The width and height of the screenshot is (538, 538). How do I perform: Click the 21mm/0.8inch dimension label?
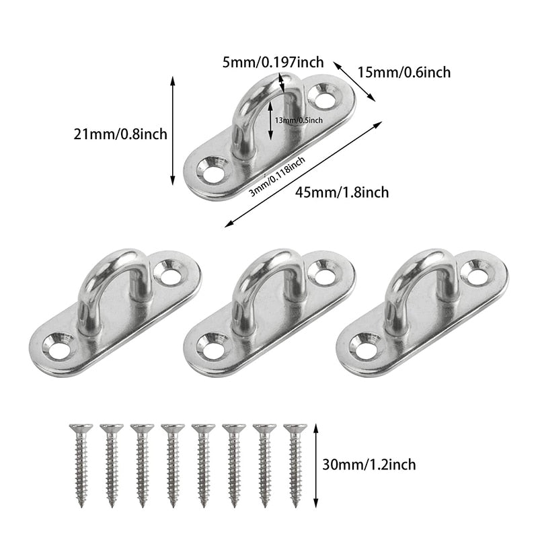[x=120, y=134]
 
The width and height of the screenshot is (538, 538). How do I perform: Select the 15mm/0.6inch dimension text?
[x=404, y=72]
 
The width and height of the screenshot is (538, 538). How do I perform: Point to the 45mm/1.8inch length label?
[x=342, y=192]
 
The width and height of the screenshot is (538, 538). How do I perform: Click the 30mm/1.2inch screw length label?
[x=369, y=464]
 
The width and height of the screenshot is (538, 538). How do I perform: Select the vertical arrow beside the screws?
[x=315, y=464]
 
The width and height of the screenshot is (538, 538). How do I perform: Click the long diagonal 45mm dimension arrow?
[x=303, y=174]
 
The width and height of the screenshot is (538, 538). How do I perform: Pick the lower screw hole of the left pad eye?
[x=57, y=348]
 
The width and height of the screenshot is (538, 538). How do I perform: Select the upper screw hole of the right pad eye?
[x=478, y=275]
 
